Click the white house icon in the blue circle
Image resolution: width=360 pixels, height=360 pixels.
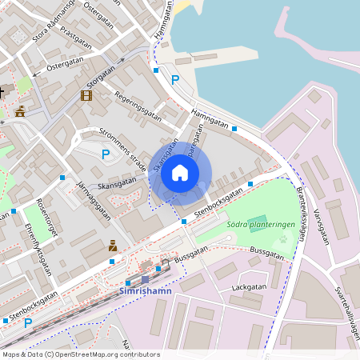pos(180,172)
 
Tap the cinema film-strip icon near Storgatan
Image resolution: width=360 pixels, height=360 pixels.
pos(86,96)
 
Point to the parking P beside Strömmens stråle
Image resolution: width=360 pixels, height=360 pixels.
pos(105,154)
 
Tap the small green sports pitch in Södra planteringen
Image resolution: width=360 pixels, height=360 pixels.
pos(257,220)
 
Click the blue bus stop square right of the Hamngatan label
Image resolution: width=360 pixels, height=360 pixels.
pos(235,127)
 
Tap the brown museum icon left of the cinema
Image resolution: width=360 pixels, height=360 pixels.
pos(20,111)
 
